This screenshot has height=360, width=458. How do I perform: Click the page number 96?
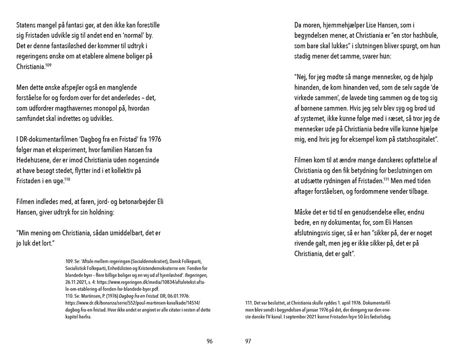point(209,341)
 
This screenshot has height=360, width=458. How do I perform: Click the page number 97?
point(248,341)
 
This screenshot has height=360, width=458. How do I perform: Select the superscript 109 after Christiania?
point(49,64)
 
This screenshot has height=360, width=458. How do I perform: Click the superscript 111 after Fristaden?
point(387,178)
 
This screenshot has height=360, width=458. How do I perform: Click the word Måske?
point(305,212)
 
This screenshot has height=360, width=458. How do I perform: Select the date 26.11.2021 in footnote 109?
point(76,283)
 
